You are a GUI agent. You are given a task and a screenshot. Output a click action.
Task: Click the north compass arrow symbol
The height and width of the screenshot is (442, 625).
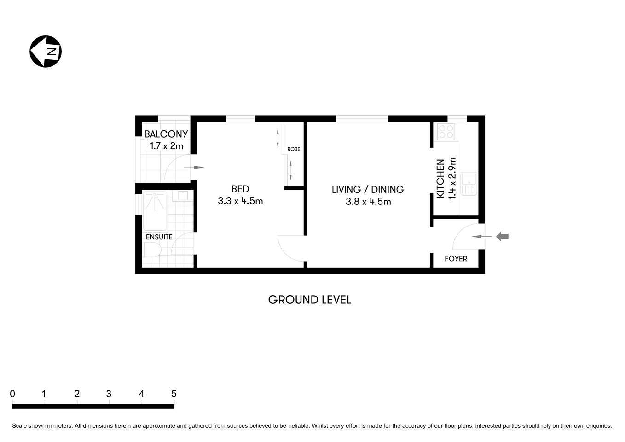point(46,51)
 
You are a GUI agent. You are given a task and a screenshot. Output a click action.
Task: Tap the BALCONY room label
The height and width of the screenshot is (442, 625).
point(166,134)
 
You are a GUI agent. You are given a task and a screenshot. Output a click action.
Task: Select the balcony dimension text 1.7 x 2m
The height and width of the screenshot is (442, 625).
point(166,146)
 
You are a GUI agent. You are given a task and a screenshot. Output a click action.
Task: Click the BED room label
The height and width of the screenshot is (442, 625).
point(240,189)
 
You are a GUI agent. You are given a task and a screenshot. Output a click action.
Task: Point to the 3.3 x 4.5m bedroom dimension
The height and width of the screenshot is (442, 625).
point(240,201)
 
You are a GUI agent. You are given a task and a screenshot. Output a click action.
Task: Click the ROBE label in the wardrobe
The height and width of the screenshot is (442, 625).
point(294,149)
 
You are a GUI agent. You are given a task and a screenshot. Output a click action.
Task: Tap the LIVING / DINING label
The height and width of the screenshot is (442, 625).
point(368,189)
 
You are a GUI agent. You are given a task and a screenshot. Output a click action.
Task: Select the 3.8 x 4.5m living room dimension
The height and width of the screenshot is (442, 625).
point(368,202)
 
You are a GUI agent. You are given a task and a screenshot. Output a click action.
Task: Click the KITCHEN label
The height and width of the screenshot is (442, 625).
point(440,179)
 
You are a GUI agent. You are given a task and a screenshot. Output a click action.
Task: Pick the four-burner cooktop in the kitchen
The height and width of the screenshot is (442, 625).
point(446,132)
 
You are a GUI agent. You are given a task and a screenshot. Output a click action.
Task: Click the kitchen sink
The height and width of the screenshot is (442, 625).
point(469,184)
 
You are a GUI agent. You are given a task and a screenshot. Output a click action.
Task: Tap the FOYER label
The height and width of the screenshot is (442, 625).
point(456,259)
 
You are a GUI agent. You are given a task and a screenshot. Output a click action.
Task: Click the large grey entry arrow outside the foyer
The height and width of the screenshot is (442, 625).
point(502,237)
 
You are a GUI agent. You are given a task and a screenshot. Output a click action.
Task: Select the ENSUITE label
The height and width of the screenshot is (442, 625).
point(159,237)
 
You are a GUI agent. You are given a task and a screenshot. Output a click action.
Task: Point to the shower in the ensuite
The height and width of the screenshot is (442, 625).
point(155,211)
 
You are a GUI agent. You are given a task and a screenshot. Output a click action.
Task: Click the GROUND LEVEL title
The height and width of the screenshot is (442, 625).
point(310,300)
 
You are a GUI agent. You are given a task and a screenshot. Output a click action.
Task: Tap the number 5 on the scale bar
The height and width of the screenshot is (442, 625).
point(174,394)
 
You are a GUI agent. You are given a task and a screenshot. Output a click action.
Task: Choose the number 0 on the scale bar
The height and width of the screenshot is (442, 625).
point(12,394)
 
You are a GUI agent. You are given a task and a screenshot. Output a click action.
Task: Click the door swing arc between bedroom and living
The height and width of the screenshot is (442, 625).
point(290,249)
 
